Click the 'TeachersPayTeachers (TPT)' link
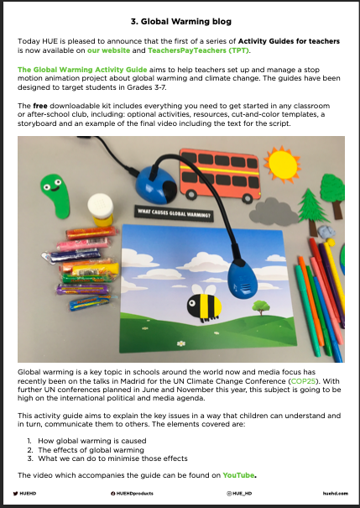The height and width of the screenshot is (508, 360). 182,51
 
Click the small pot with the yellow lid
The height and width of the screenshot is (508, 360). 100,209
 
